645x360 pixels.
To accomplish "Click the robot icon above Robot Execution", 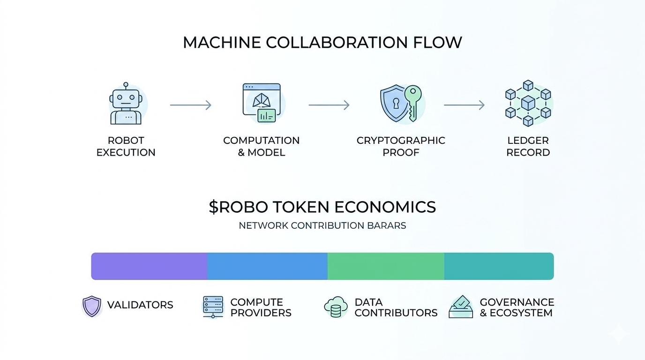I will pyautogui.click(x=125, y=104).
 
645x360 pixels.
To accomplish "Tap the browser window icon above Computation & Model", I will pyautogui.click(x=262, y=103).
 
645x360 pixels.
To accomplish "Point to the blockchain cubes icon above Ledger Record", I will pyautogui.click(x=528, y=103).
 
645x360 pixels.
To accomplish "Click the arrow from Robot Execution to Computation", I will pyautogui.click(x=190, y=105).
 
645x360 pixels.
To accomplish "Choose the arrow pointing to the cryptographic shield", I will pyautogui.click(x=329, y=105).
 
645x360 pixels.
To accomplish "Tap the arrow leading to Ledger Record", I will pyautogui.click(x=464, y=105).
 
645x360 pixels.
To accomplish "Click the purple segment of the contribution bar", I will pyautogui.click(x=149, y=266).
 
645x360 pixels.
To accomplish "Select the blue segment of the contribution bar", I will pyautogui.click(x=267, y=266).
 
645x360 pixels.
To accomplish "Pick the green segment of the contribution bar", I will pyautogui.click(x=385, y=266).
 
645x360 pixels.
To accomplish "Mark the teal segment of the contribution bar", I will pyautogui.click(x=499, y=266).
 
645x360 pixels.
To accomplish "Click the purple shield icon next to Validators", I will pyautogui.click(x=92, y=306).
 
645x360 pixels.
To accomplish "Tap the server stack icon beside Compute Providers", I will pyautogui.click(x=213, y=307).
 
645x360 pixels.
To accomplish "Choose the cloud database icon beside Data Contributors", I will pyautogui.click(x=336, y=307).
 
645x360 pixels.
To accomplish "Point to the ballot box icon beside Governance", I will pyautogui.click(x=461, y=307).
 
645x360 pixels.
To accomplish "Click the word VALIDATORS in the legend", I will pyautogui.click(x=140, y=305).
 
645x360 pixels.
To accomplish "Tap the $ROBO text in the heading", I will pyautogui.click(x=237, y=207).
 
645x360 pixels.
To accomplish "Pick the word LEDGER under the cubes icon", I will pyautogui.click(x=528, y=140).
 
